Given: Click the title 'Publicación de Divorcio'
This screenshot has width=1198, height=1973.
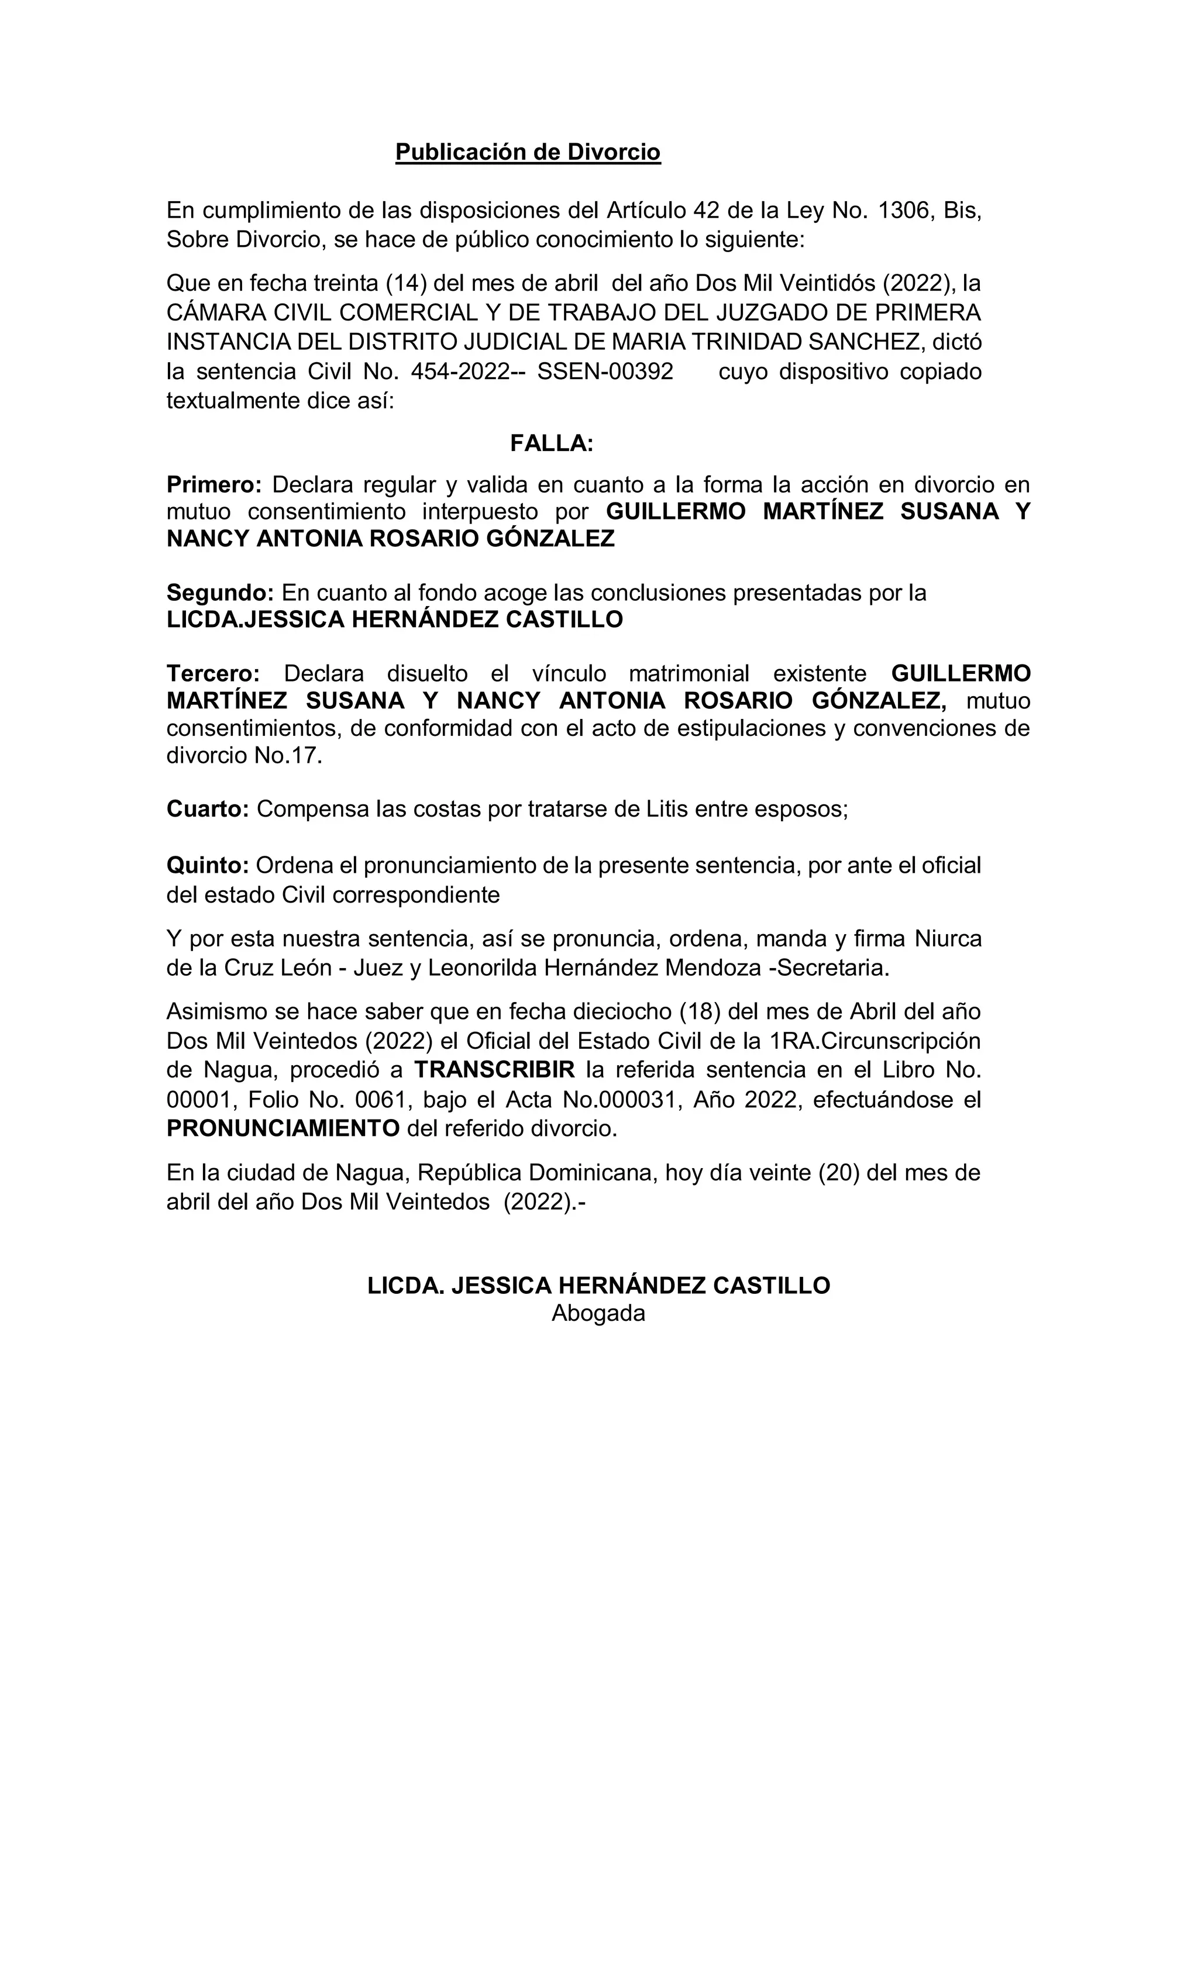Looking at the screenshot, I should (x=528, y=152).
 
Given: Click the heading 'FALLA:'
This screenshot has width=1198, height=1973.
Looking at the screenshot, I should (x=552, y=443).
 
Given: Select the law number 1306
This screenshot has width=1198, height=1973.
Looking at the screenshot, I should (x=905, y=211).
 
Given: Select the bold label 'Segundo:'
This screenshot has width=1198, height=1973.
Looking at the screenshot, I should (x=219, y=593).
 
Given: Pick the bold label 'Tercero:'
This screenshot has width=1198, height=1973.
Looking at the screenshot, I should (x=213, y=673).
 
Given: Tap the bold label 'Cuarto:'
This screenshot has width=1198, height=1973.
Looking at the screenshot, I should (x=208, y=809).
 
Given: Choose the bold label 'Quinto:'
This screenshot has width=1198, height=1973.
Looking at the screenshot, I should (x=208, y=866).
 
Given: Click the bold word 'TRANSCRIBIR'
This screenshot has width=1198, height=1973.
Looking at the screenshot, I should (x=494, y=1070).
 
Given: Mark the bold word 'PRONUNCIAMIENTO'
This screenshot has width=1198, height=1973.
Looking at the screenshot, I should (x=283, y=1128).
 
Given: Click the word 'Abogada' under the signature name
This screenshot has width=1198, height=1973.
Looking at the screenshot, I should (x=598, y=1313).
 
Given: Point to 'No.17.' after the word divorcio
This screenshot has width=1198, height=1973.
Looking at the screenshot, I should (x=288, y=756).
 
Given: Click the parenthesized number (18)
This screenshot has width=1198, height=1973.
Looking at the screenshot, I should (x=700, y=1011).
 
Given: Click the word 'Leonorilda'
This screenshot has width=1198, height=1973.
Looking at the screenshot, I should (x=482, y=967).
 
